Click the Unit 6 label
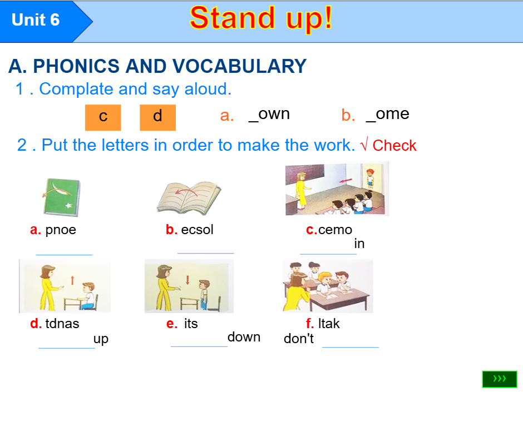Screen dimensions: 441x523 point(36,20)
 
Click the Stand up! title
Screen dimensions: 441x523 point(261,18)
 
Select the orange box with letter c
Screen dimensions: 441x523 point(103,117)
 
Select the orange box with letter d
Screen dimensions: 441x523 point(157,117)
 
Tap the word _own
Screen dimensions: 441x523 point(269,114)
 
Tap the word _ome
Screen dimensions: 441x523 point(388,114)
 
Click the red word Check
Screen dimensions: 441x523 point(394,146)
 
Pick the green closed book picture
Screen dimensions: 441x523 point(62,197)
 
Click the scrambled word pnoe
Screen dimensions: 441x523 point(61,230)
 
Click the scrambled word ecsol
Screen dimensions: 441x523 point(198,230)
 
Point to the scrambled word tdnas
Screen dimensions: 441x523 point(62,324)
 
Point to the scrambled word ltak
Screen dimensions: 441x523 point(329,324)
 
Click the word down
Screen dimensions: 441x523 point(244,337)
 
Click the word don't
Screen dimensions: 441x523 point(299,339)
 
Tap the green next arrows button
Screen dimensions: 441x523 point(500,379)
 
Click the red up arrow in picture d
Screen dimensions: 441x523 point(72,279)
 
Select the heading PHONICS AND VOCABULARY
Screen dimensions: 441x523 point(157,66)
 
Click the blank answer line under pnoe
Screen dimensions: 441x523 point(64,254)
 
